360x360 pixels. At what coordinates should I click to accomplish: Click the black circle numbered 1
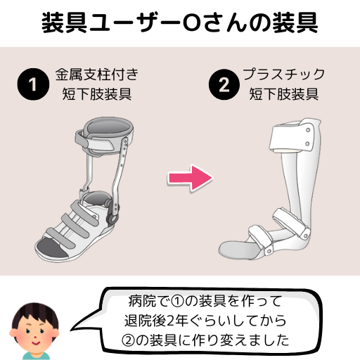coord(33,84)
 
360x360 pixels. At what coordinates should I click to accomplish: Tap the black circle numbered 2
coord(224,84)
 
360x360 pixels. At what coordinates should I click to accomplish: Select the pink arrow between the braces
coord(190,178)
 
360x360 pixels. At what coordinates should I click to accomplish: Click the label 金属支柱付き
coord(97,75)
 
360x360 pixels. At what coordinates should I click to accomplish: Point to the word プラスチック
coord(283,75)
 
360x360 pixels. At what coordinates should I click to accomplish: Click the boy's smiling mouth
coord(36,343)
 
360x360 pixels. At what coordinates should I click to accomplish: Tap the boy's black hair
coord(35,315)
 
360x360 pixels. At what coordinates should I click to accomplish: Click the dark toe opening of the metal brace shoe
coord(51,248)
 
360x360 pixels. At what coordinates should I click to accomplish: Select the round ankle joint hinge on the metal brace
coord(112,219)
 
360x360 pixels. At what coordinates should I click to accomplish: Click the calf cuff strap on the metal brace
coord(94,141)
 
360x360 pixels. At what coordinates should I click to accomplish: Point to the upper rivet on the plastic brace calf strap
coord(308,130)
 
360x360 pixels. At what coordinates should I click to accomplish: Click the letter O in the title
coord(191,23)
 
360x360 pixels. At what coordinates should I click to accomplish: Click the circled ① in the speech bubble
coord(177,302)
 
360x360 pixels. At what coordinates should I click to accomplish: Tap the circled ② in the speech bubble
coord(128,340)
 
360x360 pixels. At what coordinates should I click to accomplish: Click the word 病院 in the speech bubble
coord(142,302)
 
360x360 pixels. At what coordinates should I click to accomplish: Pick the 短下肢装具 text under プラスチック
coord(283,94)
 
